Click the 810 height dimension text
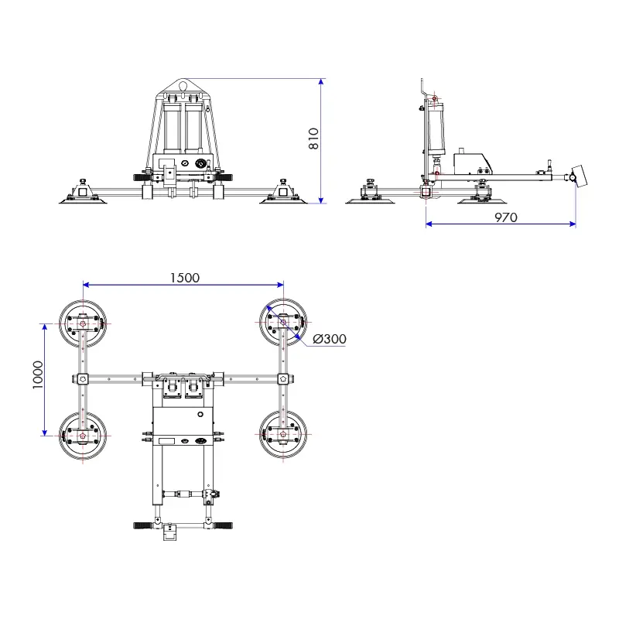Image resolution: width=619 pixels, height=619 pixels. pyautogui.click(x=313, y=138)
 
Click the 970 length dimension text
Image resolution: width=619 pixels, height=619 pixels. pyautogui.click(x=505, y=217)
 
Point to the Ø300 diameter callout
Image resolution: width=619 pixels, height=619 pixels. pyautogui.click(x=330, y=339)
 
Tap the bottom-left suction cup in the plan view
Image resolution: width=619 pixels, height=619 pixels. pyautogui.click(x=83, y=436)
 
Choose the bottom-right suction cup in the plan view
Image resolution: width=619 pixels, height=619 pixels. pyautogui.click(x=283, y=436)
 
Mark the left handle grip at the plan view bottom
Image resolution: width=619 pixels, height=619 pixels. pyautogui.click(x=142, y=525)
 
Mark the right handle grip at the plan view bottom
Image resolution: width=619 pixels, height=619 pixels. pyautogui.click(x=225, y=525)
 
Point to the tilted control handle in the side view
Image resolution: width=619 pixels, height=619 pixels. pyautogui.click(x=578, y=176)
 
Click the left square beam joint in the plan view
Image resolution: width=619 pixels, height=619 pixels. pyautogui.click(x=83, y=378)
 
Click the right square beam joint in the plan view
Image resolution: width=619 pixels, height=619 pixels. pyautogui.click(x=283, y=378)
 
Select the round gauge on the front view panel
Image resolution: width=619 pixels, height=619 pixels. pyautogui.click(x=186, y=164)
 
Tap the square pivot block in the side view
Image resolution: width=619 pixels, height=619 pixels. pyautogui.click(x=426, y=190)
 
